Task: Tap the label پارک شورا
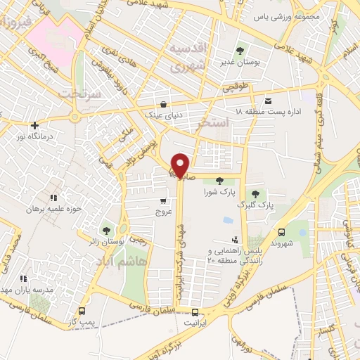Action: (217, 191)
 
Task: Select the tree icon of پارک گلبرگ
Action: (255, 193)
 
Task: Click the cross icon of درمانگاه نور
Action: (34, 125)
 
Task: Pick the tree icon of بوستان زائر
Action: (106, 230)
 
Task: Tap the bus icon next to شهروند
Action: (281, 233)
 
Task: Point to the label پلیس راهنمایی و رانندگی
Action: (228, 255)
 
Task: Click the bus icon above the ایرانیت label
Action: (195, 312)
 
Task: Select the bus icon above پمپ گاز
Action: (83, 311)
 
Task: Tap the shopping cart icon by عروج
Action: (162, 200)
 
